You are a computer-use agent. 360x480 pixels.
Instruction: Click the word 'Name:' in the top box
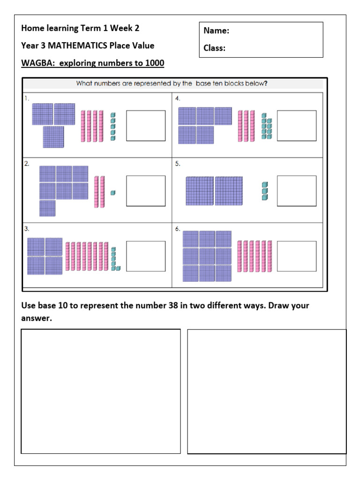tap(216, 31)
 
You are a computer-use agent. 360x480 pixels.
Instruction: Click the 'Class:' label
tap(214, 48)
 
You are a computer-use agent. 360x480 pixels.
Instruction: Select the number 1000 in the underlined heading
tap(155, 63)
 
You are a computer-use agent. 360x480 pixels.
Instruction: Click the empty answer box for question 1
tap(146, 126)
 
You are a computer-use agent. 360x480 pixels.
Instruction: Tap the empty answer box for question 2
tap(146, 191)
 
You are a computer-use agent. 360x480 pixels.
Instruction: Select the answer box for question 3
tap(146, 256)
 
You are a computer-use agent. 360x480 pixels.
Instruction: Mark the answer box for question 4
tap(297, 126)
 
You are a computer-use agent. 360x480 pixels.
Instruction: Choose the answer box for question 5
tap(297, 191)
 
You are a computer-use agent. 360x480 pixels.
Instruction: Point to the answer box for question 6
tap(297, 256)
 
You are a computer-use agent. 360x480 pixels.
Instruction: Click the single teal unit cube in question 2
tap(112, 193)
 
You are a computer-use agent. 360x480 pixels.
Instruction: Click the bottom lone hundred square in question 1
tap(53, 137)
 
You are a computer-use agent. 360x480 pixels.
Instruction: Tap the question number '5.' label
tap(178, 164)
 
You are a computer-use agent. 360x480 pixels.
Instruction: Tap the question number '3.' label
tap(27, 229)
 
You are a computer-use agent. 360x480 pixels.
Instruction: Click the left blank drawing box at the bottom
tap(101, 391)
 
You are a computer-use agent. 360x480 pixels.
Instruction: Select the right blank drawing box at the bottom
tap(267, 391)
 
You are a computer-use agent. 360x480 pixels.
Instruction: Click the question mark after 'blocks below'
tap(266, 84)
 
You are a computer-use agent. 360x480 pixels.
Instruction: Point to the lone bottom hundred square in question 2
tap(47, 208)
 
